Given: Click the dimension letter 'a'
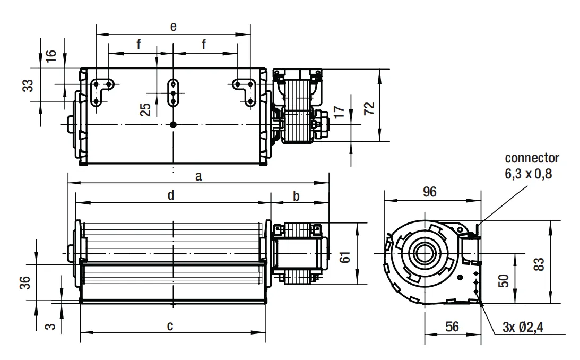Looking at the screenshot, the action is click(x=198, y=176).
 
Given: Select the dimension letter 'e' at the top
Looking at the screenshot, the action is click(x=173, y=27).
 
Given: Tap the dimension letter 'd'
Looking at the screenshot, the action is click(x=170, y=195).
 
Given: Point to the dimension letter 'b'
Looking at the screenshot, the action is click(x=296, y=196).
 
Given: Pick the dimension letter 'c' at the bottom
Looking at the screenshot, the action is click(x=170, y=326).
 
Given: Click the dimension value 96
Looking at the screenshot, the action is click(x=429, y=192).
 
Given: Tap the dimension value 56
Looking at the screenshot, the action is click(x=452, y=327).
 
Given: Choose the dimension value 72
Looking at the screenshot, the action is click(x=369, y=108).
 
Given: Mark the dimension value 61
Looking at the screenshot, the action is click(x=345, y=257).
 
